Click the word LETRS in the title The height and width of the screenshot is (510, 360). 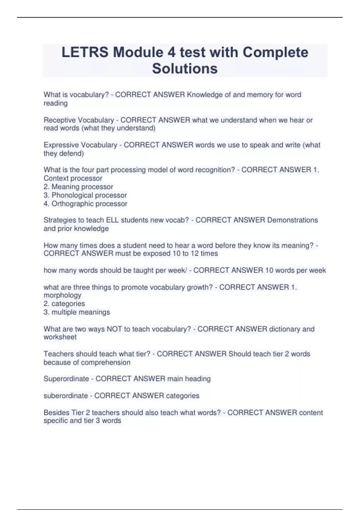(85, 52)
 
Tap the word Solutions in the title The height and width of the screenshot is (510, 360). (185, 69)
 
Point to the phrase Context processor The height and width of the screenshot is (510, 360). (73, 178)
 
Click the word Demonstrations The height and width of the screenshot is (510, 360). (292, 220)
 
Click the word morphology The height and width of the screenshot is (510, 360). (62, 295)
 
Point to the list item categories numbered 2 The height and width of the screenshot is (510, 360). (68, 304)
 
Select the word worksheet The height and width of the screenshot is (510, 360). (60, 337)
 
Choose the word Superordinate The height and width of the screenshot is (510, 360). (66, 379)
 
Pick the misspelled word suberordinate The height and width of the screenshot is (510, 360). (66, 396)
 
